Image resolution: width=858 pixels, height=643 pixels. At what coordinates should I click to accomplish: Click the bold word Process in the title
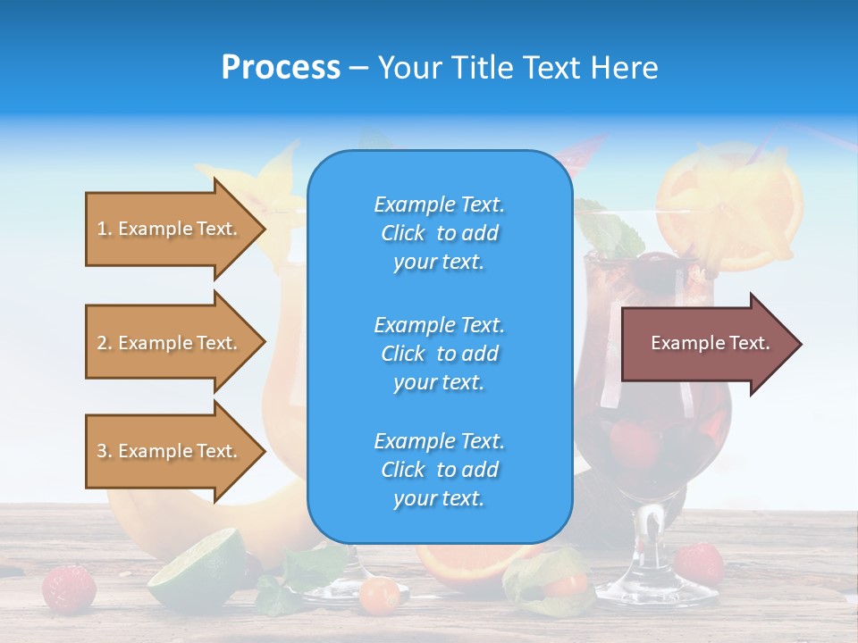pos(281,68)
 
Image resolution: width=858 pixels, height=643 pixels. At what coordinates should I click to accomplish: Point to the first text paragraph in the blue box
pos(439,233)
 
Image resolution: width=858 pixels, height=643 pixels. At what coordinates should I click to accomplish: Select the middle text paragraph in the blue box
pos(439,354)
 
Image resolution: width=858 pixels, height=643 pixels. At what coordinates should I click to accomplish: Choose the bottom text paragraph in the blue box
pos(439,470)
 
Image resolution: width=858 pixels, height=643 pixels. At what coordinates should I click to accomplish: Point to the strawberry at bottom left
pos(70,587)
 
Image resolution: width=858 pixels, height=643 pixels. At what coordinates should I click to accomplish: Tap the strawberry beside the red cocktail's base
pos(699,563)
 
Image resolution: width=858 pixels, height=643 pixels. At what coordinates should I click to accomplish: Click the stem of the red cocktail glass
pos(645,545)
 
